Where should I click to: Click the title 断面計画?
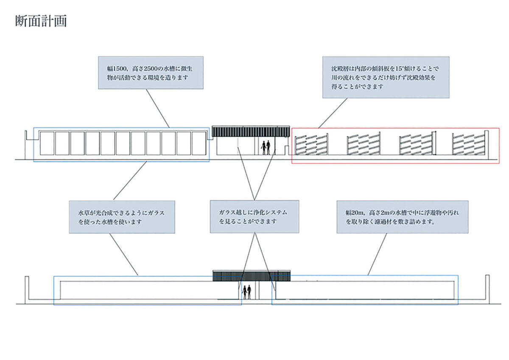(41, 21)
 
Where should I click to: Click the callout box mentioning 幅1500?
(151, 73)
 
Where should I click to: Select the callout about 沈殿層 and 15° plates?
(386, 77)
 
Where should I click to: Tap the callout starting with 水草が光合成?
(122, 217)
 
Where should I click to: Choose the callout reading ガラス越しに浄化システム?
(254, 217)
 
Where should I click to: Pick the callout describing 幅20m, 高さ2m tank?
(402, 217)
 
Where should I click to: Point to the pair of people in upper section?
(266, 147)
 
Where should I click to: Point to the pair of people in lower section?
(247, 292)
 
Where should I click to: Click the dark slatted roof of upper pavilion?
(251, 131)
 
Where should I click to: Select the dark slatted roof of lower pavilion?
(251, 275)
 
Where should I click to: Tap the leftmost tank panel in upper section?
(47, 143)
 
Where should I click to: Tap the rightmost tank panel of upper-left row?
(199, 143)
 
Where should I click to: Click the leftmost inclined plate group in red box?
(311, 144)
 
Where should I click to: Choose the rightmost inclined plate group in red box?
(469, 144)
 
